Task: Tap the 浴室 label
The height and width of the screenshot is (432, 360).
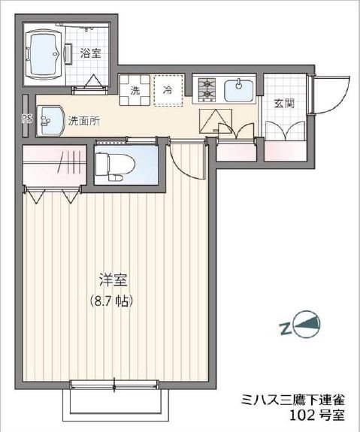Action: pos(91,53)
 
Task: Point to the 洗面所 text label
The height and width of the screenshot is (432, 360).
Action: pos(83,119)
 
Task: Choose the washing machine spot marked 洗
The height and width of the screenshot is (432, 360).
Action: pos(135,90)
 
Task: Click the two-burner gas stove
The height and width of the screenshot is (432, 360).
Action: pos(207,90)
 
